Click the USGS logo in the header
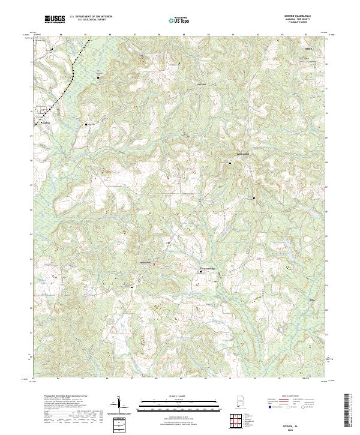(55, 20)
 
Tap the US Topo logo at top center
(179, 20)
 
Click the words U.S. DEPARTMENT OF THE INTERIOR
(91, 16)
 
